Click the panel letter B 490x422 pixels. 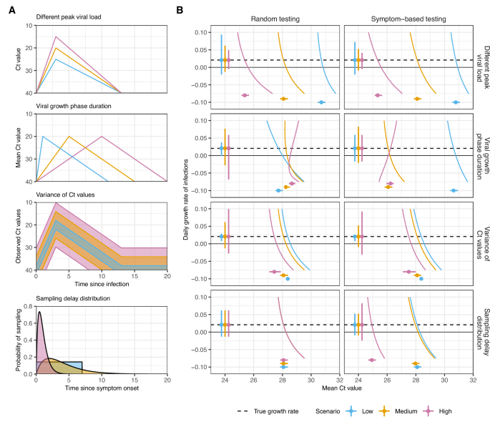click(180, 10)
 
